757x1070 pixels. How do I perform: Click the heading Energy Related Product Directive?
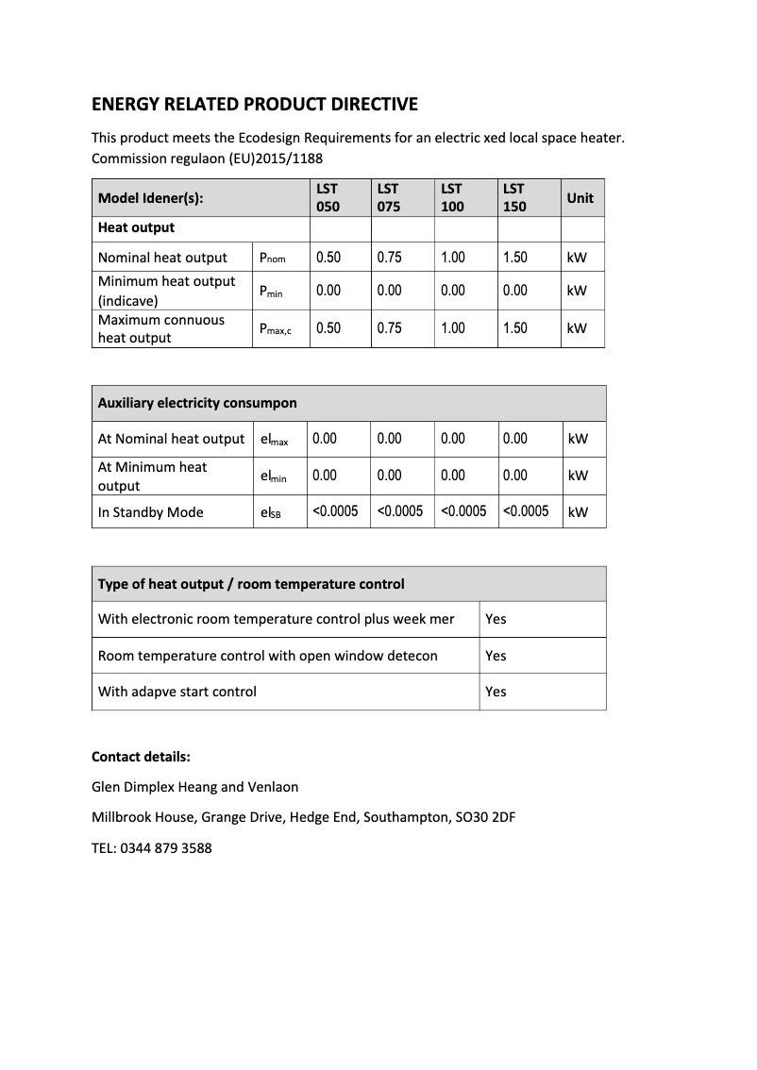(254, 104)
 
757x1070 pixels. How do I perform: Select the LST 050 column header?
(328, 198)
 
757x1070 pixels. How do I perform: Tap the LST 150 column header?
(514, 198)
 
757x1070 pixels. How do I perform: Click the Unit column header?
(580, 198)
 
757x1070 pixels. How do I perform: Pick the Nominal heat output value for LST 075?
(389, 258)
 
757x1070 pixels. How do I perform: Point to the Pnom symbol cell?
(272, 258)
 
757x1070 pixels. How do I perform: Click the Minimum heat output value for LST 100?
(453, 291)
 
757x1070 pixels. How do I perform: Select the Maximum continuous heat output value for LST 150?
(514, 328)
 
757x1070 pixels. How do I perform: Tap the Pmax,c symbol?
(276, 329)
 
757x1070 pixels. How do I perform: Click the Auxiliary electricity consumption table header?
(197, 403)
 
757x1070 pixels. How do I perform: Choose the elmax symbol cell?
(274, 440)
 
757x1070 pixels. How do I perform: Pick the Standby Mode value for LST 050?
(335, 511)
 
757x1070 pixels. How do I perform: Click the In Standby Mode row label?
(151, 512)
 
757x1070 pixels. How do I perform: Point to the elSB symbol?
(270, 512)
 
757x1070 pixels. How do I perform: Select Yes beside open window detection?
(496, 656)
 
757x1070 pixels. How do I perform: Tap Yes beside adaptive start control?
(496, 692)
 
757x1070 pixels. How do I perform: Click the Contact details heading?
(141, 757)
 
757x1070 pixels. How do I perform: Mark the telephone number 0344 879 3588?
(166, 848)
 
